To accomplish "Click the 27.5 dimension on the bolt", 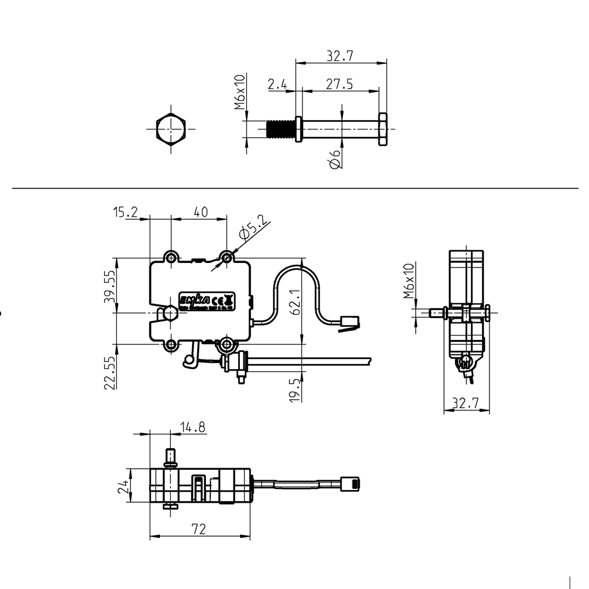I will coord(339,84).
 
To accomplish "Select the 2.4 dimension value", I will coord(277,84).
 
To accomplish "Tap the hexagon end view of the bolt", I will coord(171,129).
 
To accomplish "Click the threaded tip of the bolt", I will coord(281,129).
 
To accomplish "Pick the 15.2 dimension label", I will coord(125,212).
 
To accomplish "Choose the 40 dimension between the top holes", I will coord(200,212).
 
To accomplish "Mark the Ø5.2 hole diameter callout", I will coord(253,227).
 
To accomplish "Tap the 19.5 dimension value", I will coord(294,389).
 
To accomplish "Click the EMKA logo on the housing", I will coord(194,300).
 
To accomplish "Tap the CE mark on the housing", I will coord(218,300).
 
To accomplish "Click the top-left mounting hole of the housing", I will coord(171,257).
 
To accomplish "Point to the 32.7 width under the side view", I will coord(466,404).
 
